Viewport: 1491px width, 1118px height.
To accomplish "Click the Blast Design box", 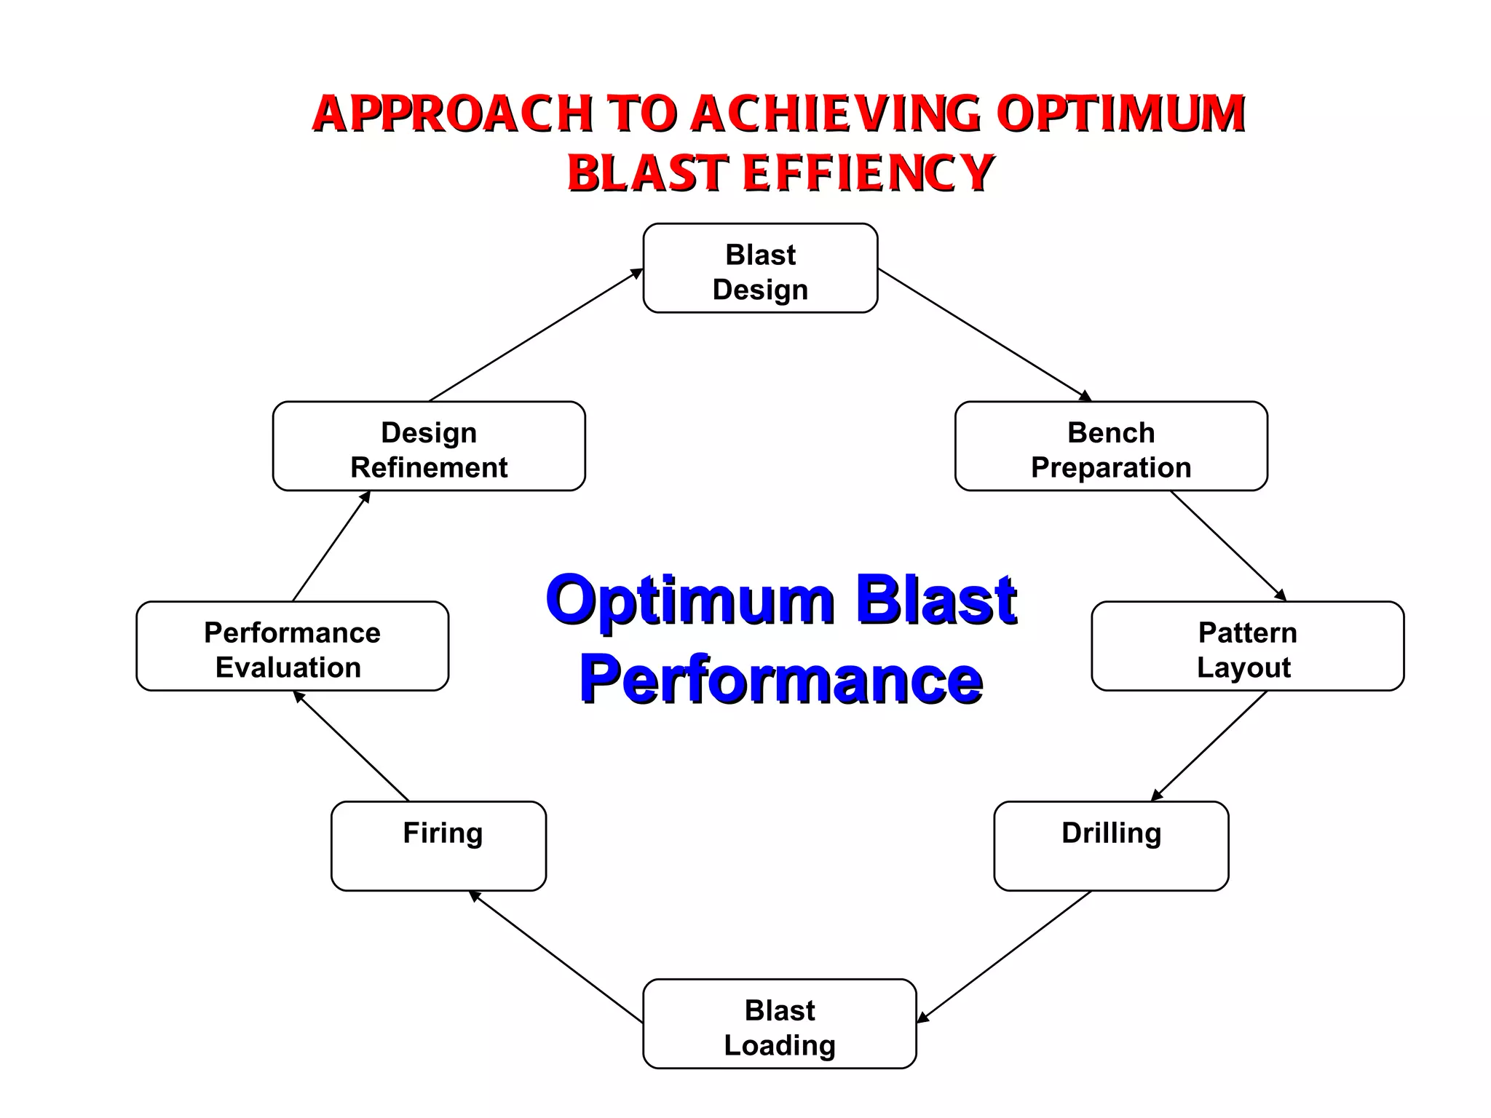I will coord(760,269).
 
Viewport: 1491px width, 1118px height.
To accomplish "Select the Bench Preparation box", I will coord(1111,446).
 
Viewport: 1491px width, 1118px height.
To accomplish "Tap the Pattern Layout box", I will coord(1247,646).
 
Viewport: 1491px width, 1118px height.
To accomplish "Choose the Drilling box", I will coord(1111,846).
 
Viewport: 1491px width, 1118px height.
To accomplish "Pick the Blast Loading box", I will coord(779,1023).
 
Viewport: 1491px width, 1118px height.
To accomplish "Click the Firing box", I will coord(438,846).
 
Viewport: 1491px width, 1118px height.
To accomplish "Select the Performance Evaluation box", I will coord(292,646).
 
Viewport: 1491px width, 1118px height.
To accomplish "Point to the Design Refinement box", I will coord(429,446).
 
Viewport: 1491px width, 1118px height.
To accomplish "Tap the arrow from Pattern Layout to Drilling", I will coord(1209,746).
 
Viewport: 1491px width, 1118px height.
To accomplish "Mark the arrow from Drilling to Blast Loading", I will coord(1005,956).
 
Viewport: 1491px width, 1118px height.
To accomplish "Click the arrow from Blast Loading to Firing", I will coord(556,956).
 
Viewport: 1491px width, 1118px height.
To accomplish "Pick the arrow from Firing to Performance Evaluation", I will coord(351,746).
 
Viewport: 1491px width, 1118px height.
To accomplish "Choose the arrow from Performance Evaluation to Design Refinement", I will coord(331,546).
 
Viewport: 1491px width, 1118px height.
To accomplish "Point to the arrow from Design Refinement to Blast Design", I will coord(536,335).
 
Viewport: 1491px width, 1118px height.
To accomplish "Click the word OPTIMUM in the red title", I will coord(1121,115).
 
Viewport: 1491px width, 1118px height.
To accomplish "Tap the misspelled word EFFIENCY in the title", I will coord(868,173).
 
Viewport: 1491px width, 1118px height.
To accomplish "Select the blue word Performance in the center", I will coord(781,679).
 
